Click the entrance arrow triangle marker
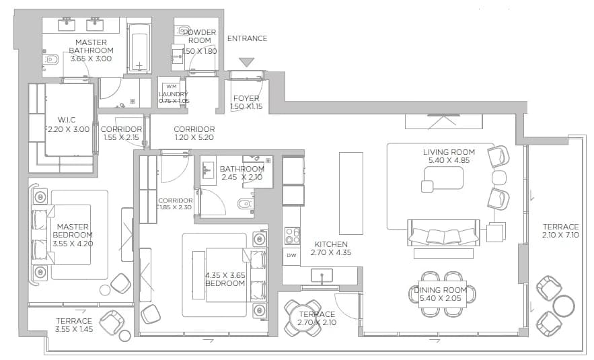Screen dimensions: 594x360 [247, 62]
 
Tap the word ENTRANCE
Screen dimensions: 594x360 [247, 38]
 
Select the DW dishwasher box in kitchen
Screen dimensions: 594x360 [291, 256]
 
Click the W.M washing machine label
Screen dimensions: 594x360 [172, 87]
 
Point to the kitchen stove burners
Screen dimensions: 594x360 [292, 235]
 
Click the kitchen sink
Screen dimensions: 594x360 [322, 275]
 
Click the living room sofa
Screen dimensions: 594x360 [443, 232]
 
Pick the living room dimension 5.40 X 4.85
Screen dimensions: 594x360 [449, 160]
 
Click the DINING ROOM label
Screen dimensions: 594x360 [440, 290]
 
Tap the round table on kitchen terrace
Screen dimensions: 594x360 [303, 318]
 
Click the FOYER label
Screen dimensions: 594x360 [246, 98]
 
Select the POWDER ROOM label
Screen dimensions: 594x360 [200, 36]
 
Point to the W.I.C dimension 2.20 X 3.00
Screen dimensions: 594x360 [69, 129]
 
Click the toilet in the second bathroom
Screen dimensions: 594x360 [245, 205]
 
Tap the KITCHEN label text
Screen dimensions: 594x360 [331, 244]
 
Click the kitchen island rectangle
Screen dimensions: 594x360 [350, 193]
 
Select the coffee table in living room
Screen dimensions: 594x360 [442, 178]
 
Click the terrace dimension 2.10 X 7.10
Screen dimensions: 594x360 [560, 235]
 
